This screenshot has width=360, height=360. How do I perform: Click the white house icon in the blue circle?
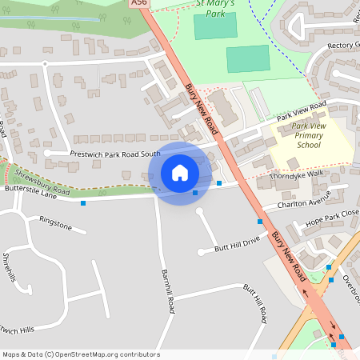tap(180, 173)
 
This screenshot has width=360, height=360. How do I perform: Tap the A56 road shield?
tap(139, 3)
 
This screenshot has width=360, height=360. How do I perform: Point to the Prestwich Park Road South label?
tap(115, 154)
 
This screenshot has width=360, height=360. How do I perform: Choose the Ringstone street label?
tap(55, 223)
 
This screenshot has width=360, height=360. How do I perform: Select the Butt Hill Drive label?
tap(238, 244)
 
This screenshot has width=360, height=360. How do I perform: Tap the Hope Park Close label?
tap(333, 218)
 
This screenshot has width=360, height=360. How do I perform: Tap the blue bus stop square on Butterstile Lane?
tap(83, 203)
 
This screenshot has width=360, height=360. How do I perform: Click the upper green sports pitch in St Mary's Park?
tap(215, 26)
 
